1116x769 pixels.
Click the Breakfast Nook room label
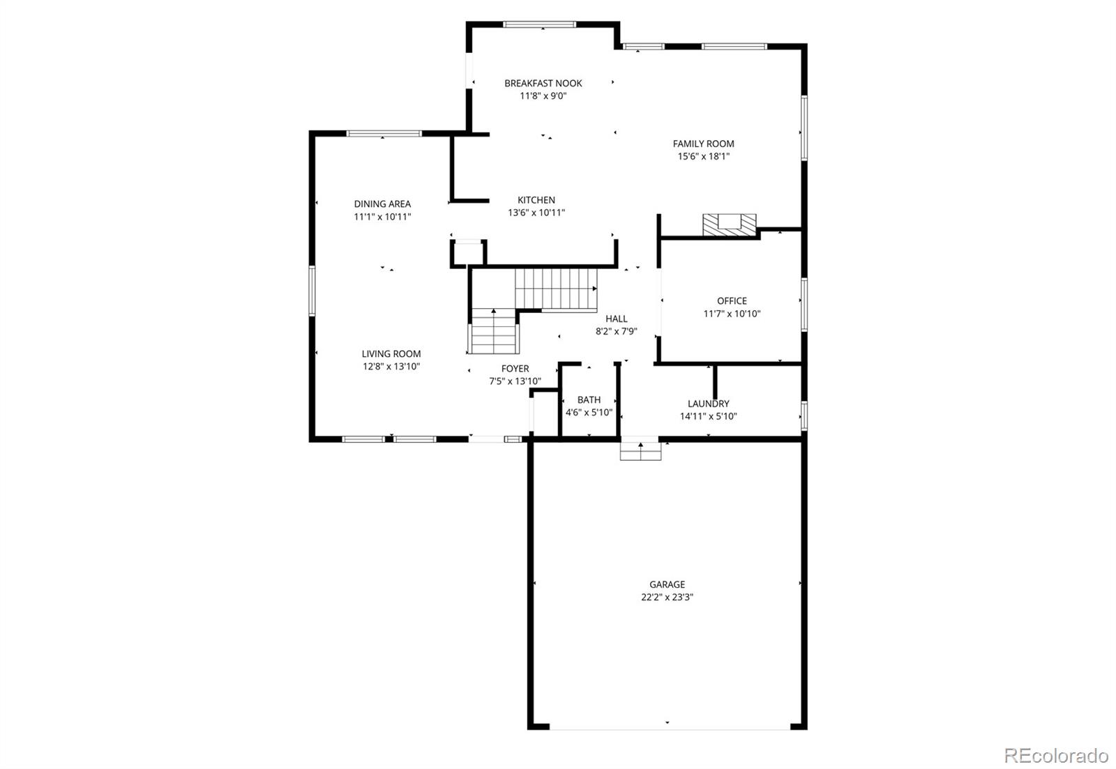point(543,83)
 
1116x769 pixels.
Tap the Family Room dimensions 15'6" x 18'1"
point(703,156)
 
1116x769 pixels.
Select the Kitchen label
point(536,200)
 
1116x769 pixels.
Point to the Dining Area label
point(382,204)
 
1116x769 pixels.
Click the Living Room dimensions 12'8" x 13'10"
point(391,366)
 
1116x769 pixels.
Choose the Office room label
point(732,301)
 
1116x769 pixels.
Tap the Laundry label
point(708,404)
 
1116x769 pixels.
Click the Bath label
point(589,399)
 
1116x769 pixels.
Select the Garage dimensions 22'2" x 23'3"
point(667,597)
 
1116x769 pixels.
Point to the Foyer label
point(515,368)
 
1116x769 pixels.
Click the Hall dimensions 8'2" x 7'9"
point(616,332)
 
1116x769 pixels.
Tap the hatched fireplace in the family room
point(729,225)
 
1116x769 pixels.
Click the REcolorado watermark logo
point(1055,755)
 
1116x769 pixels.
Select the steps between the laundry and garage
point(640,451)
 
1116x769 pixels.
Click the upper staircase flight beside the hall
point(556,289)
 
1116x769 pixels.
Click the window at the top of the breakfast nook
point(540,24)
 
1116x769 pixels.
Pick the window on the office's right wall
point(804,304)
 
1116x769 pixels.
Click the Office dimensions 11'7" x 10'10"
point(732,314)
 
